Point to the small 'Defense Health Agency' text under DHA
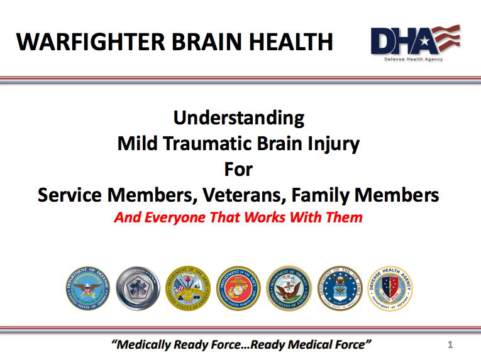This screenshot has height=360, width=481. point(413,60)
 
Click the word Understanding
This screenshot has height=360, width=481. point(239,117)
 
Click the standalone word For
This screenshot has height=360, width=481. point(239,169)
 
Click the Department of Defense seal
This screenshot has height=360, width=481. point(87,288)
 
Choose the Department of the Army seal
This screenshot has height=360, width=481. point(188,288)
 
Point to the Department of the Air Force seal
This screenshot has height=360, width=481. point(340,288)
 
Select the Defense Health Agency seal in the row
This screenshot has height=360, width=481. point(390,288)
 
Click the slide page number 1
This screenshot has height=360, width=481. point(450,344)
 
